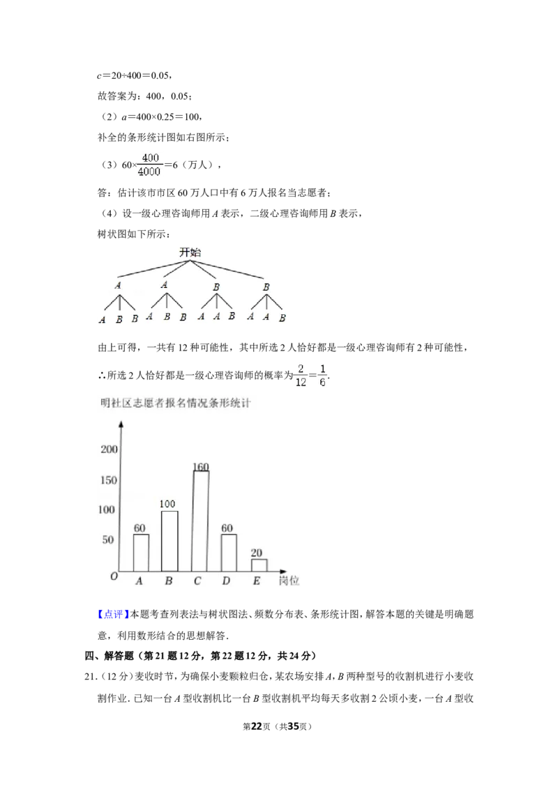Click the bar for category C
pos(201,521)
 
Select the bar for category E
pos(259,565)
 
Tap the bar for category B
pos(169,541)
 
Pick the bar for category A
pos(141,553)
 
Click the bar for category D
pos(229,553)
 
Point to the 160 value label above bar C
pos(201,466)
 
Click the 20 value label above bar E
pos(257,553)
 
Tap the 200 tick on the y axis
pos(109,450)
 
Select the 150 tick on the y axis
pos(109,480)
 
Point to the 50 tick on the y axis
pos(108,539)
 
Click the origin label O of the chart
pos(114,576)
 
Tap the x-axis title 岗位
pos(289,580)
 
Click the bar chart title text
pos(175,403)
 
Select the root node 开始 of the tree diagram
pos(190,252)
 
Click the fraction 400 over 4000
pos(149,164)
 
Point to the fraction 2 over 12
pos(301,376)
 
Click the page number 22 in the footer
pos(257,726)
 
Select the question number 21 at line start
pos(91,676)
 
